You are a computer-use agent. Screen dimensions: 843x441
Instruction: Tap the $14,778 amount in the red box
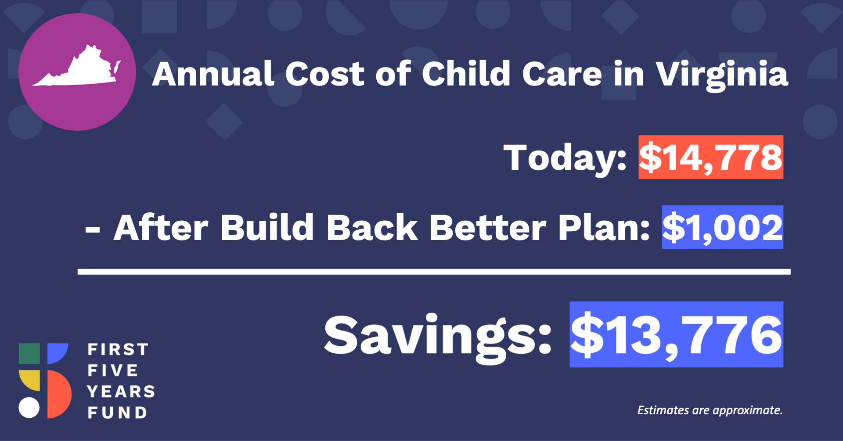[x=710, y=158]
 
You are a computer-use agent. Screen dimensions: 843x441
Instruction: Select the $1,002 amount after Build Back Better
[x=722, y=228]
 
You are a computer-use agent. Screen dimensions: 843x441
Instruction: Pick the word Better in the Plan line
[x=488, y=228]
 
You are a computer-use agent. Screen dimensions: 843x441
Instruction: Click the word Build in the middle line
[x=267, y=228]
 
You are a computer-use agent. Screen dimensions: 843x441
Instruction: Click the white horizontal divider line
[x=434, y=272]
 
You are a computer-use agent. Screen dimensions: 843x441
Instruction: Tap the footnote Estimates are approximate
[x=710, y=410]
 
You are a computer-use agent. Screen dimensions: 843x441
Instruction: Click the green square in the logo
[x=29, y=354]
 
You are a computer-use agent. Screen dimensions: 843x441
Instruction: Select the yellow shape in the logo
[x=30, y=380]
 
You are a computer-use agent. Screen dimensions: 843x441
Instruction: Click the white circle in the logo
[x=29, y=408]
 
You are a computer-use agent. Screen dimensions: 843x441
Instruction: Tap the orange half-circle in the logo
[x=60, y=394]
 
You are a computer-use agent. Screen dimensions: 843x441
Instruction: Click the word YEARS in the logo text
[x=121, y=391]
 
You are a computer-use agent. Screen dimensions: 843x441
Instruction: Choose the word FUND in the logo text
[x=117, y=412]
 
